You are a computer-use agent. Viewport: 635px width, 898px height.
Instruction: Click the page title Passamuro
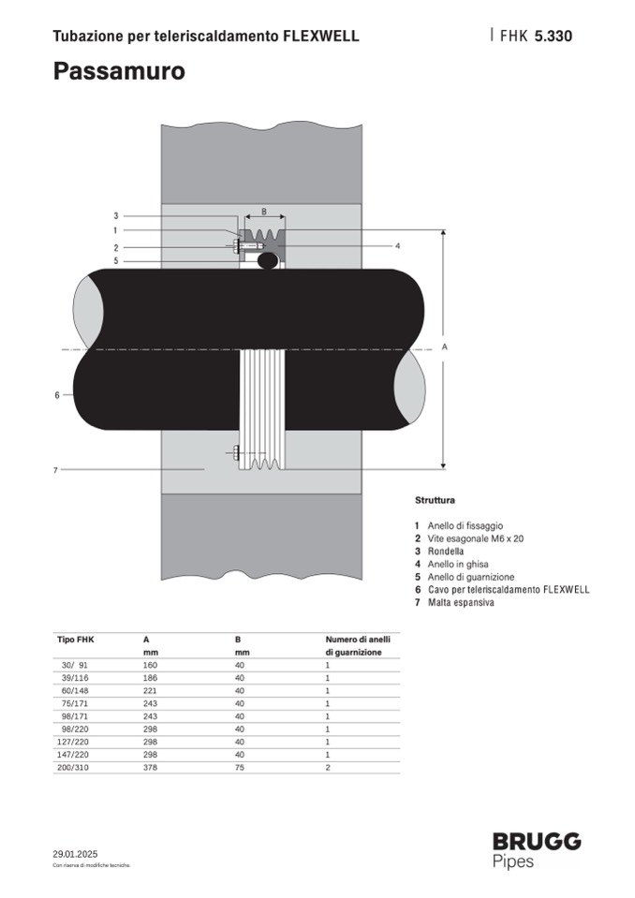pos(119,71)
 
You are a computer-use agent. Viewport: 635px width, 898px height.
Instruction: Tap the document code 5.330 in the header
pos(554,37)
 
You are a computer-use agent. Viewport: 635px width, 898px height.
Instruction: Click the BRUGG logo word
pos(537,841)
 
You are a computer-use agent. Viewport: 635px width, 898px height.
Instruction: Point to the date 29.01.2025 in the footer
pos(75,854)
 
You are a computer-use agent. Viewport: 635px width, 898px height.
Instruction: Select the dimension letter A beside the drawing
pos(444,347)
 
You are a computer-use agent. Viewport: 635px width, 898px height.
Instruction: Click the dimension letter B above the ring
pos(264,212)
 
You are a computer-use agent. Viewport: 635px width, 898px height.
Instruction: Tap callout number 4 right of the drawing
pos(397,245)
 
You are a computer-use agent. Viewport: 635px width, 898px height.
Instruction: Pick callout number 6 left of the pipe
pos(57,394)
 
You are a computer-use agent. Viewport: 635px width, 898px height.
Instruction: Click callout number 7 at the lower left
pos(55,470)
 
